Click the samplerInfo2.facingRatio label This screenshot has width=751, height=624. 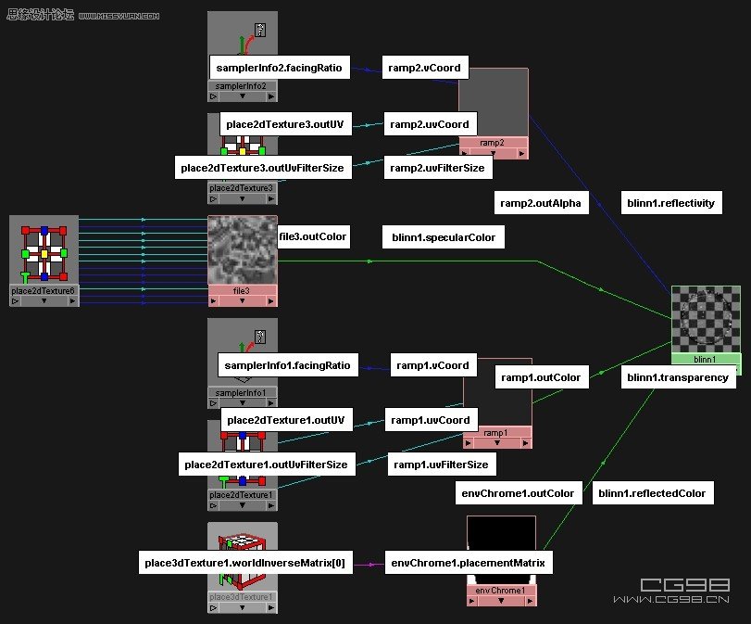click(279, 68)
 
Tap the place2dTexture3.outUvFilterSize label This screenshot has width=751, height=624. click(262, 168)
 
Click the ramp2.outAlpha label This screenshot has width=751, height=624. click(542, 203)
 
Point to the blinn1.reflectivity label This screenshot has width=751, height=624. click(671, 203)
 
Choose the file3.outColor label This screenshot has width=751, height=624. click(313, 236)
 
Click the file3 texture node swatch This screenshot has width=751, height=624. click(243, 251)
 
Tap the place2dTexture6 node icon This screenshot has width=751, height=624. click(44, 251)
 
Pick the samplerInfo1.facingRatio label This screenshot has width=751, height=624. click(287, 365)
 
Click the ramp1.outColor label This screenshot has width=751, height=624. click(542, 377)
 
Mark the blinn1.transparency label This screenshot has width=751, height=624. click(678, 377)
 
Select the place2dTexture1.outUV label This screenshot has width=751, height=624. click(285, 420)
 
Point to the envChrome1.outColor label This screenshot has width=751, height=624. click(518, 492)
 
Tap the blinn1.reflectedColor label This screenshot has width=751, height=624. click(652, 492)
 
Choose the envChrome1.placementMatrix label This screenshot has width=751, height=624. click(469, 562)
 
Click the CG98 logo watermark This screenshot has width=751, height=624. click(684, 585)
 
